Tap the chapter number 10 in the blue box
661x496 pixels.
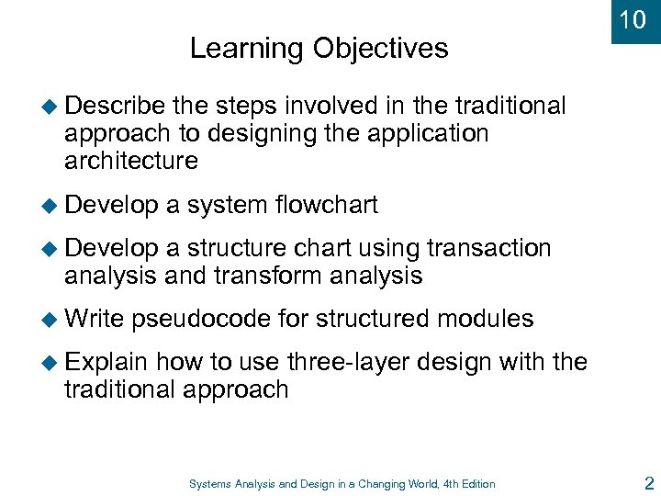coord(633,20)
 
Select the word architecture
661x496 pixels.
coord(131,162)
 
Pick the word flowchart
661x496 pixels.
coord(326,205)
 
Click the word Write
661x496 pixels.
coord(95,319)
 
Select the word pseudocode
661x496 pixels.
coord(201,319)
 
